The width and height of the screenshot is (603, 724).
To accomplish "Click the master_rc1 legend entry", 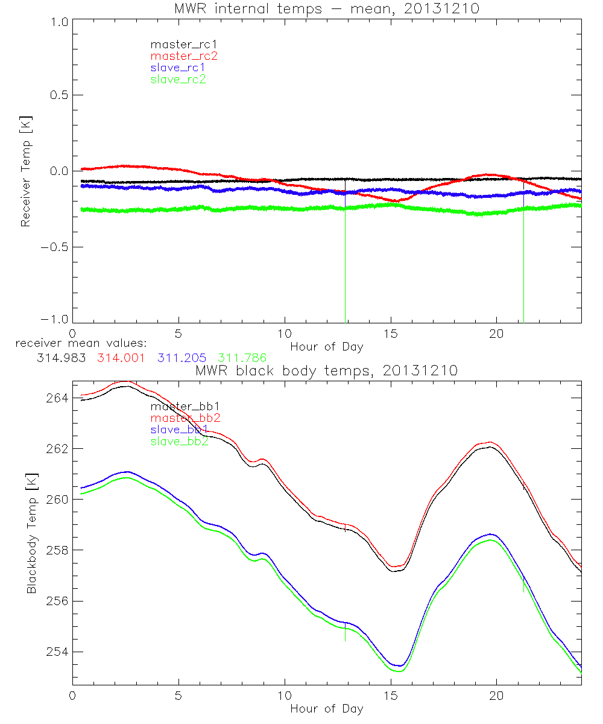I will (x=178, y=44).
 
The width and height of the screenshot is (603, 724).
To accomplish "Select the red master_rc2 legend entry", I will (x=183, y=56).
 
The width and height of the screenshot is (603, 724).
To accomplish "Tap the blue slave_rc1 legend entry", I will (x=178, y=68).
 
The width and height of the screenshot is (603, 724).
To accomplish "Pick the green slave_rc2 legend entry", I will (x=178, y=79).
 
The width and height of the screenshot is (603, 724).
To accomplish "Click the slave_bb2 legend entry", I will (x=180, y=442).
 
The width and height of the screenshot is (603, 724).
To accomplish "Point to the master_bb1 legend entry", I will (x=180, y=407).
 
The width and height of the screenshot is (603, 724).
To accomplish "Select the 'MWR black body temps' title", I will (x=326, y=370).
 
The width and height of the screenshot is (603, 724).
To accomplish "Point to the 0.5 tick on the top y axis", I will (x=58, y=95).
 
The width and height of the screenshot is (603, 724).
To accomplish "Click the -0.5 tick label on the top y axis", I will (x=55, y=247).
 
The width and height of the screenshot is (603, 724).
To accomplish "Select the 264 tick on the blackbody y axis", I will (x=58, y=398).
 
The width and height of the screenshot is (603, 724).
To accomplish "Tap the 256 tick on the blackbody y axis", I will (x=58, y=602).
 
